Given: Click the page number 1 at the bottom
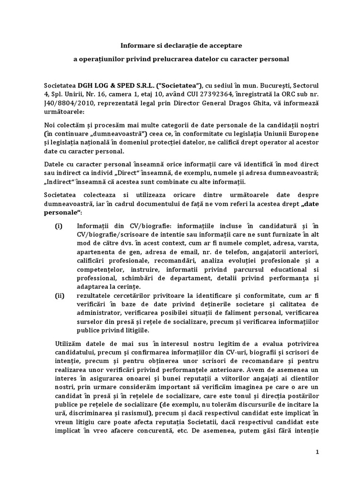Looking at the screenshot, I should tap(318, 452).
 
